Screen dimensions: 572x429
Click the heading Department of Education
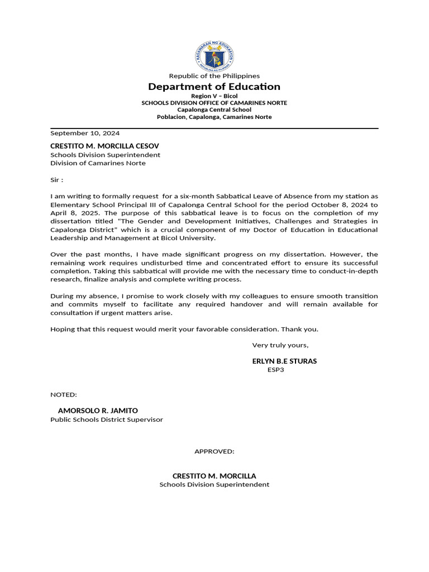[x=214, y=87]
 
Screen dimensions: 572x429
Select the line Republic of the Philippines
[x=214, y=76]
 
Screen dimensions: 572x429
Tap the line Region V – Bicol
[x=214, y=96]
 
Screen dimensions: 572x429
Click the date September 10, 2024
[x=85, y=134]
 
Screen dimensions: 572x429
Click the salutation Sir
[x=56, y=180]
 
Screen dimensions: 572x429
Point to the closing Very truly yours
[x=280, y=345]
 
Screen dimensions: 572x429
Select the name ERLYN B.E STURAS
[x=284, y=361]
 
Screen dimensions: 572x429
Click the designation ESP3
[x=276, y=370]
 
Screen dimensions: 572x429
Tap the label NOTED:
[x=64, y=395]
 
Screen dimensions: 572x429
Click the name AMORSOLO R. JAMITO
[x=98, y=411]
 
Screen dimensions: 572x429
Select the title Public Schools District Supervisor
[x=107, y=420]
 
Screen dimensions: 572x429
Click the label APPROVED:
[x=214, y=451]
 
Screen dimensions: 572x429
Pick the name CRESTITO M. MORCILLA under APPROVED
[x=214, y=476]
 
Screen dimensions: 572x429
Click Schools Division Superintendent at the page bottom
[x=214, y=485]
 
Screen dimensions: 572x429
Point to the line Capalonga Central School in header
[x=214, y=110]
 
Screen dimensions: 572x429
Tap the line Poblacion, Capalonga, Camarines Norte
[x=214, y=117]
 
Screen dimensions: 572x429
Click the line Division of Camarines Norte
[x=98, y=163]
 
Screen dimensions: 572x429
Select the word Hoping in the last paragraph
[x=62, y=329]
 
